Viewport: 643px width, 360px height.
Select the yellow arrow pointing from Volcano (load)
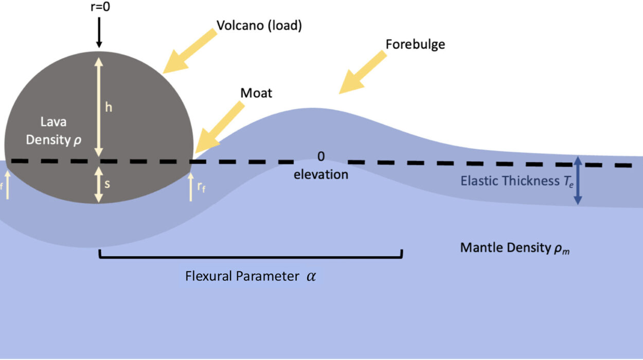(x=190, y=50)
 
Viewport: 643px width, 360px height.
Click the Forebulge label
(x=415, y=44)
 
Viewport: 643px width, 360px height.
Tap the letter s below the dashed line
(x=107, y=183)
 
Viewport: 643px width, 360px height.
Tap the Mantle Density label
(x=515, y=248)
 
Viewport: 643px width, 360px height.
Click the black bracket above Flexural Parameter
(x=250, y=255)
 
